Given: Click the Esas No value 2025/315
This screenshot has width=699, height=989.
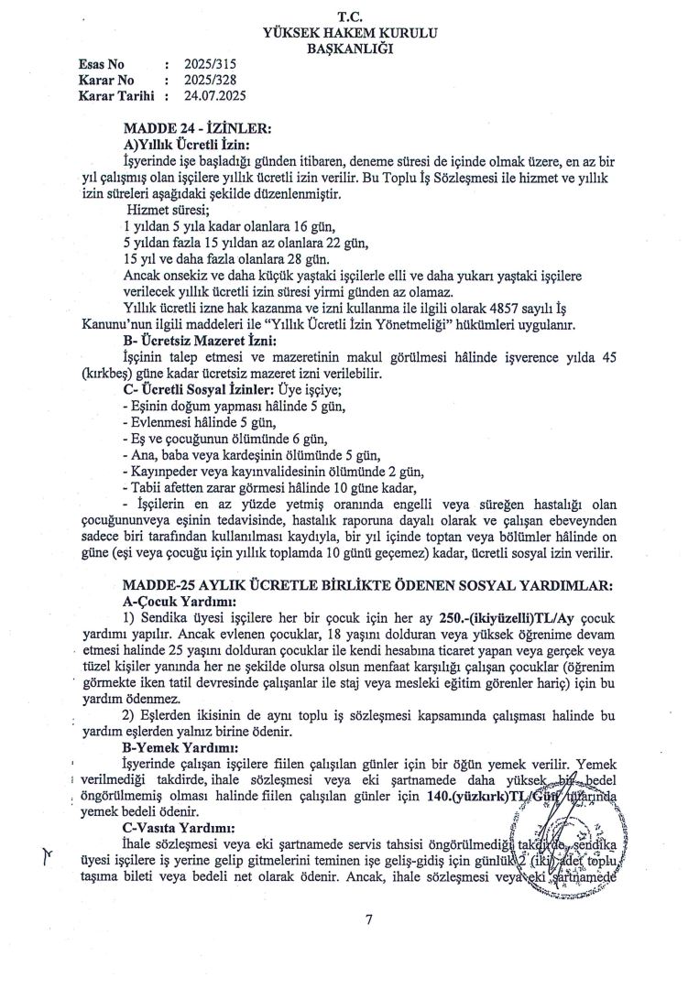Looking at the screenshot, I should tap(212, 65).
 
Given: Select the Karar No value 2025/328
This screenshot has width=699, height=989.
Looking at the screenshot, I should tap(212, 80).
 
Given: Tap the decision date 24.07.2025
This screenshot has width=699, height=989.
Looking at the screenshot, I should tap(216, 94).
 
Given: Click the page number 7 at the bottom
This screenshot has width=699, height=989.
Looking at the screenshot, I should tap(367, 920).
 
